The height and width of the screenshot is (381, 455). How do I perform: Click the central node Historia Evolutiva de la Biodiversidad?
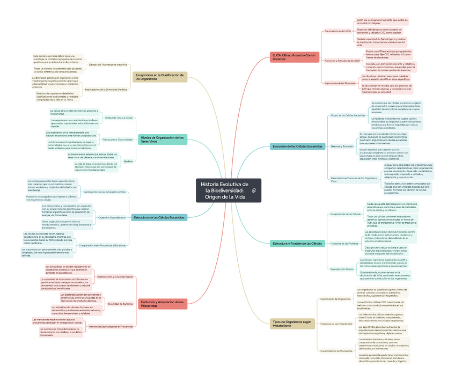[223, 190]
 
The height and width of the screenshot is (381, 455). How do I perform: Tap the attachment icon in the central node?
[253, 191]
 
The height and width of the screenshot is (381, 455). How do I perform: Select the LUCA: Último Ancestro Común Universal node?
[296, 57]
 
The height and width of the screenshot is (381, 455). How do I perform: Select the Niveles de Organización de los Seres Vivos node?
[163, 140]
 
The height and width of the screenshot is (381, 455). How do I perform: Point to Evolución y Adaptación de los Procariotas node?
[163, 304]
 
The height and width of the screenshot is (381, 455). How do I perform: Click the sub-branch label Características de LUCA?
[337, 31]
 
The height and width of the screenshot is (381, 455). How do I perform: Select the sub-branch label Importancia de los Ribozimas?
[340, 83]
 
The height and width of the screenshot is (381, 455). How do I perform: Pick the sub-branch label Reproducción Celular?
[342, 269]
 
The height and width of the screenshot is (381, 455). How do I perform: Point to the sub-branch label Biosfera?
[128, 161]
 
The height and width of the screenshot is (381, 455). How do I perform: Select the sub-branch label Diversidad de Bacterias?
[120, 304]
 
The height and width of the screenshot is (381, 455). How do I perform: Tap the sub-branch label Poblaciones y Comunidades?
[118, 140]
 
